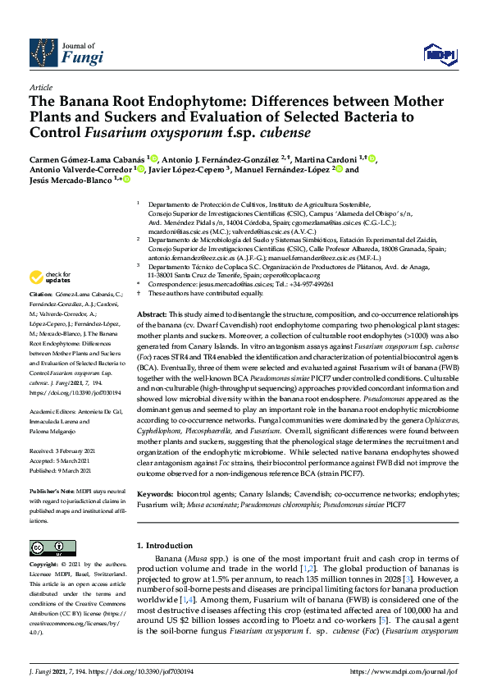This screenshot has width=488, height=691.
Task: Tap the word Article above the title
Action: [40, 86]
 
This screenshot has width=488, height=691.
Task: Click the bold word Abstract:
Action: [151, 315]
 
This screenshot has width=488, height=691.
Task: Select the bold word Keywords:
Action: [155, 495]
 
